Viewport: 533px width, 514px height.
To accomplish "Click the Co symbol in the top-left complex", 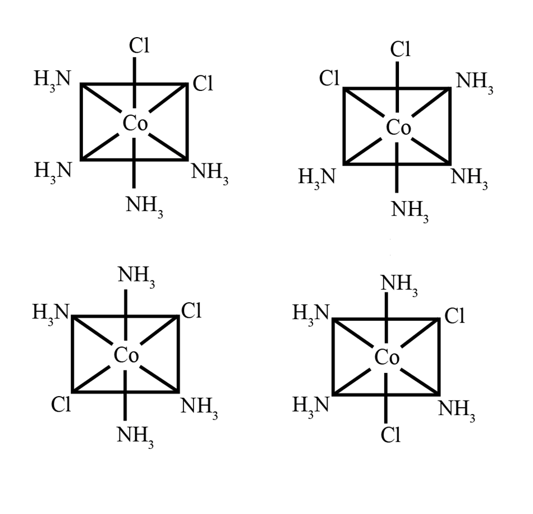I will coord(135,124).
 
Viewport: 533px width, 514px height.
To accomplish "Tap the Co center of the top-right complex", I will coord(398,128).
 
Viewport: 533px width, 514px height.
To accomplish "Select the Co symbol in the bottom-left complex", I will coord(126,355).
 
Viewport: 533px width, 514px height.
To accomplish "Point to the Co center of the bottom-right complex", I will coord(387,357).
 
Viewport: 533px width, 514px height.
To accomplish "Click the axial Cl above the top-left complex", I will coord(139,46).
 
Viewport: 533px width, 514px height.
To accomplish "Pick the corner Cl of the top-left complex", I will coord(203,84).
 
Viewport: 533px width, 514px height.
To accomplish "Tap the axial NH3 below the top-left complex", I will coord(144,206).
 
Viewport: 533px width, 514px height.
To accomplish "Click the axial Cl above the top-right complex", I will coord(401,49).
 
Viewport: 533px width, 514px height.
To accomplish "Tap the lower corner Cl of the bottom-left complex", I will coord(61,404).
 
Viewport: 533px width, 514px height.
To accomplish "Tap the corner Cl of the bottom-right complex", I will coord(454,317).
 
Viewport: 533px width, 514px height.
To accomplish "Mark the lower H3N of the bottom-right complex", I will coord(311,405).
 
